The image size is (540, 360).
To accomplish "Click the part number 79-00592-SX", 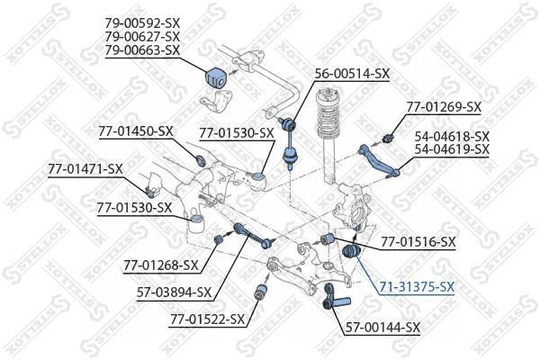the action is pos(142,23).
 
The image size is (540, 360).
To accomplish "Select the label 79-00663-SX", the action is pos(142,50).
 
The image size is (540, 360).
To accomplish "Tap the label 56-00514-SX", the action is pos(352,74).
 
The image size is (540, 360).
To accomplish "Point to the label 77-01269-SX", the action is pos(444,107).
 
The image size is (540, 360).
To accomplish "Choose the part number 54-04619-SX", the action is pos(452,149).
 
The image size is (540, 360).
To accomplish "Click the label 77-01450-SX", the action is pos(136,131).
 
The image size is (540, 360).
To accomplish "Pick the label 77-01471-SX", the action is pos(85,169).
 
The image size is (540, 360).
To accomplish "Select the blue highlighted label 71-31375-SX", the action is pos(417,286).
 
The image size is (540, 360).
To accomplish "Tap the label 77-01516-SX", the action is pos(418,241).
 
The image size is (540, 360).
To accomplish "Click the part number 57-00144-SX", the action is pos(382,328).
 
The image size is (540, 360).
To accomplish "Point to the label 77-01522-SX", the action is pos(207,319).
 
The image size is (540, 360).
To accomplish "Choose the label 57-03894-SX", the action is pos(174,292).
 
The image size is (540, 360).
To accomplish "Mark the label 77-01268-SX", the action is pos(161,265).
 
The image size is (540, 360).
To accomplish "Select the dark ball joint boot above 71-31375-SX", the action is pos(352,252).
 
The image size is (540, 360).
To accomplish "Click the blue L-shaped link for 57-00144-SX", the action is pos(336,298).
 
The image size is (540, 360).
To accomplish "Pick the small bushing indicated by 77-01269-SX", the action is pos(388,138).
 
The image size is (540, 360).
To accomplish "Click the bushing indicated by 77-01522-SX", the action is pos(261,292).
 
